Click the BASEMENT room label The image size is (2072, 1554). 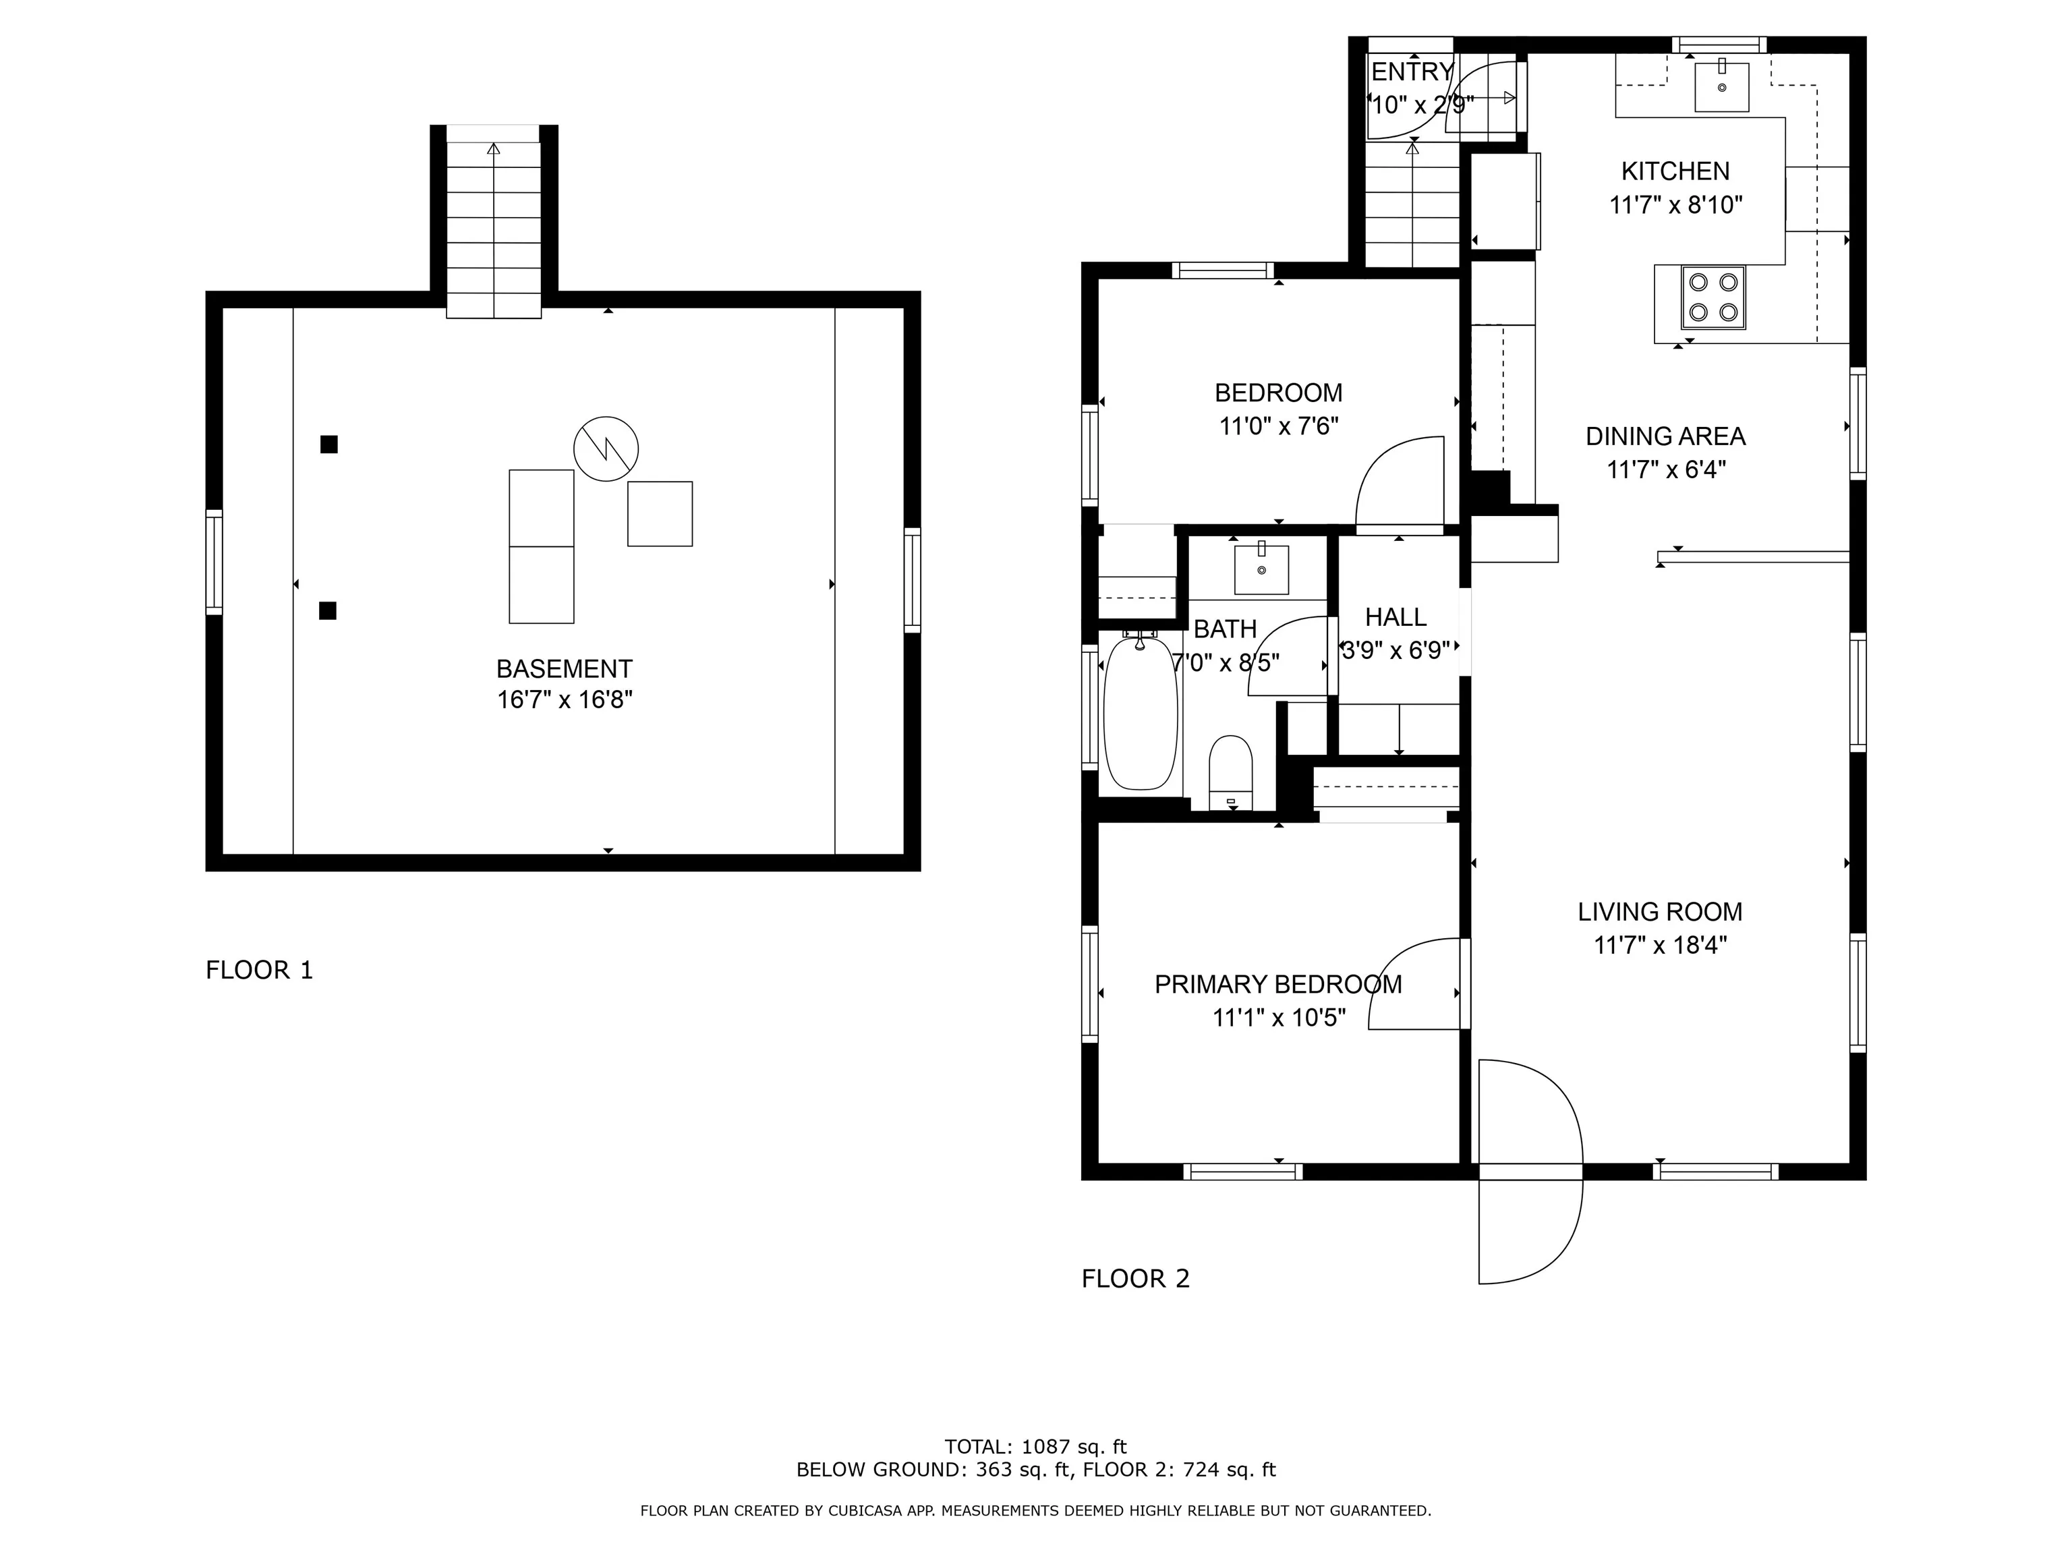coord(564,669)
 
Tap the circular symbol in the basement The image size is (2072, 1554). coord(606,449)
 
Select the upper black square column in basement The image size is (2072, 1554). coord(328,444)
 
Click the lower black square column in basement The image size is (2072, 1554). coord(328,610)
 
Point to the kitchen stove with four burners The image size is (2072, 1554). coord(1713,297)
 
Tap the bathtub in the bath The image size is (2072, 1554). coord(1140,712)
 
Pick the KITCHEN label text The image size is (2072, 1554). coord(1675,171)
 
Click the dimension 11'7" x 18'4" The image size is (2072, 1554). coord(1660,945)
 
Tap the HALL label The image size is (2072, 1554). coord(1395,617)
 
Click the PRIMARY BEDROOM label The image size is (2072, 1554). coord(1277,985)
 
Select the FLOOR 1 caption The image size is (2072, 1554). coord(260,971)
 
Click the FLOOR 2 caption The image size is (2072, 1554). coord(1135,1279)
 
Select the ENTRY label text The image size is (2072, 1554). coord(1412,72)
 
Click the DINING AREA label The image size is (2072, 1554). coord(1665,436)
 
